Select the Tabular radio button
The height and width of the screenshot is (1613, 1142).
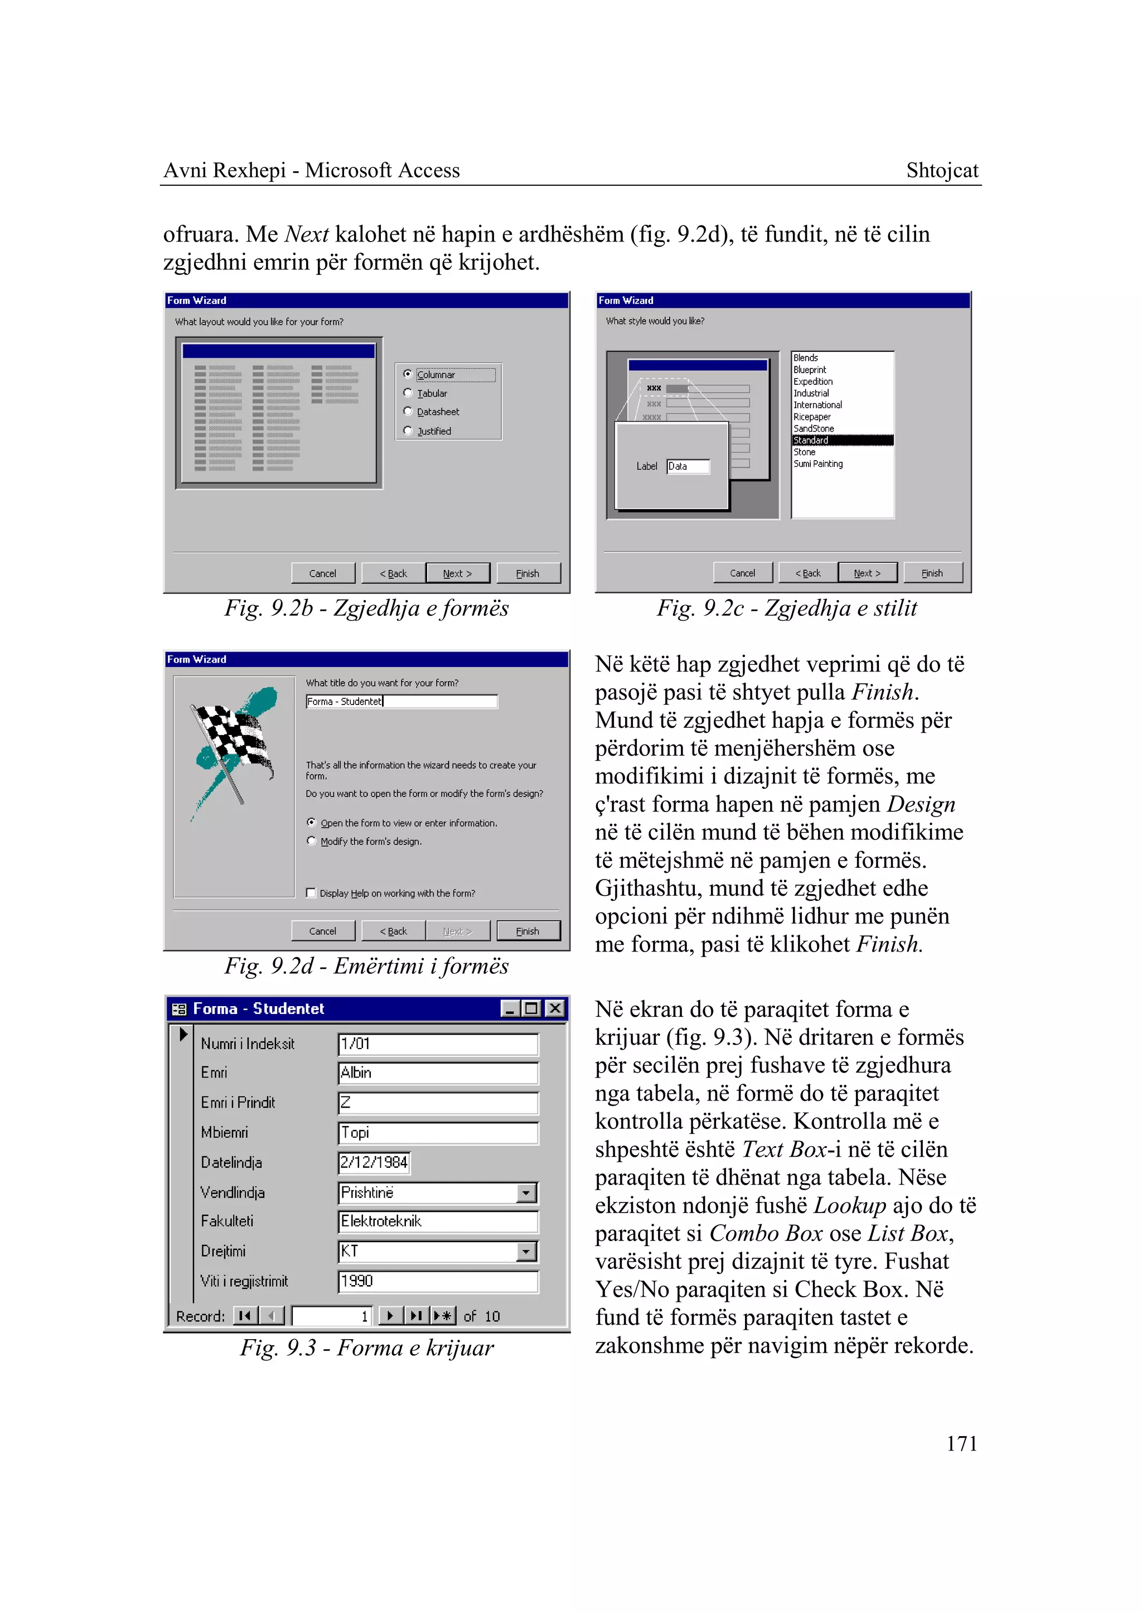408,393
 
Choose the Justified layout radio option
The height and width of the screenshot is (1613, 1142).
408,431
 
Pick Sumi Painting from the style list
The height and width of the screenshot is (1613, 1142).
818,464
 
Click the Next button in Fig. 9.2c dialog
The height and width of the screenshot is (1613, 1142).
867,573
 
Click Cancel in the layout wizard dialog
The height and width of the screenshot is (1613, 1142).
323,573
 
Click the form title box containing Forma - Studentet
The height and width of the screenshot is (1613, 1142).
401,701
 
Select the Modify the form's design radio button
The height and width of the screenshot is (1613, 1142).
312,841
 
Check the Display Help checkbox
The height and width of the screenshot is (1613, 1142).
311,894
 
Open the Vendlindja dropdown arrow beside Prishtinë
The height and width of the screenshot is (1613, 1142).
526,1193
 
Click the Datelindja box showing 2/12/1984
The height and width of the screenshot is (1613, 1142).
374,1163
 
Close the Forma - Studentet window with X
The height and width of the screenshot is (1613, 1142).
555,1009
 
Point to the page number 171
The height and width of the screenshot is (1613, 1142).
961,1444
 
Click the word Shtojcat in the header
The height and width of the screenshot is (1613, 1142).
942,170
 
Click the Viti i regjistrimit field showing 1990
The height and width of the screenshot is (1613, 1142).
437,1282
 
